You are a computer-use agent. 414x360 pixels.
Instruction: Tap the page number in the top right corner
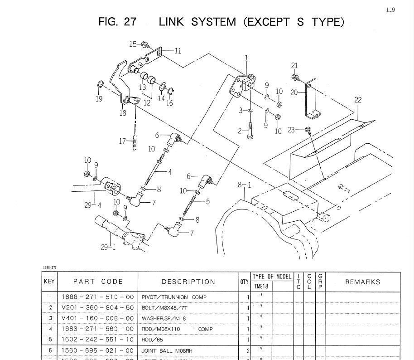pos(390,10)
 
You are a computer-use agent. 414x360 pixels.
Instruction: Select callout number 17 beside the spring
pos(122,141)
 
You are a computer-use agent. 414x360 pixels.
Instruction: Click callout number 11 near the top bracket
pos(178,51)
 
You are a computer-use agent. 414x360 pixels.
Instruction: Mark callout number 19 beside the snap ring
pos(99,98)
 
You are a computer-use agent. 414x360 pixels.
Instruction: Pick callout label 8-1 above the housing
pos(244,185)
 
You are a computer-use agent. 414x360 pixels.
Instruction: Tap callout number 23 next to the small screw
pos(291,130)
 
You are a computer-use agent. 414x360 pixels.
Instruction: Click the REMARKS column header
pos(363,282)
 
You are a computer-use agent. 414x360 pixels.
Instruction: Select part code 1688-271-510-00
pos(98,297)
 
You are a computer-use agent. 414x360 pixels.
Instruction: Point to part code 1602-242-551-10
pos(98,340)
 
